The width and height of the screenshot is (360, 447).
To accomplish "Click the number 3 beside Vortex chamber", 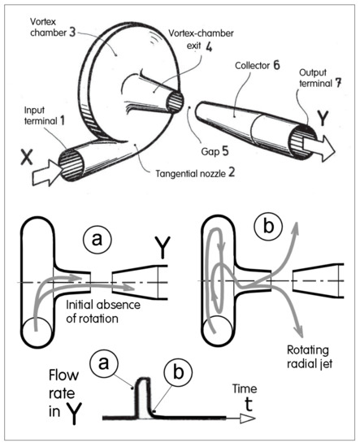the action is [72, 33].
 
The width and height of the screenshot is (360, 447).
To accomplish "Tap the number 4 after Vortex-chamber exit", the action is [209, 47].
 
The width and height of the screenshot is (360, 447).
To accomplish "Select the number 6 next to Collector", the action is [276, 65].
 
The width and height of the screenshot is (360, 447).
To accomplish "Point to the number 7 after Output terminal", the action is [338, 83].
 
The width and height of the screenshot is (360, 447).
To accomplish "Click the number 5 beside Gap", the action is [225, 151].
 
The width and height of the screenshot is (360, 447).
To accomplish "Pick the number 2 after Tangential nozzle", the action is [232, 172].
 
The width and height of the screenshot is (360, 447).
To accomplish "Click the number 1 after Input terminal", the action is [62, 120].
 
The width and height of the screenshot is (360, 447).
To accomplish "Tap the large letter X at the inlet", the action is [27, 158].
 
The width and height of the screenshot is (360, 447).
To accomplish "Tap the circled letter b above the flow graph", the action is [179, 372].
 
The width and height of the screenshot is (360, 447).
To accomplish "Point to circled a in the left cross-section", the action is [97, 240].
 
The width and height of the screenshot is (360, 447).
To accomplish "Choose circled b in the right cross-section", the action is [268, 227].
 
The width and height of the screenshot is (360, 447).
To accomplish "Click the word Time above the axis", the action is [245, 388].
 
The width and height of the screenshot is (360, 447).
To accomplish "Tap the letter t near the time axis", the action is [249, 404].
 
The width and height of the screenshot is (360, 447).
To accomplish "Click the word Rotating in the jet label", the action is [307, 350].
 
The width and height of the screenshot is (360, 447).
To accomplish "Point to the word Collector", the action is [252, 66].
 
